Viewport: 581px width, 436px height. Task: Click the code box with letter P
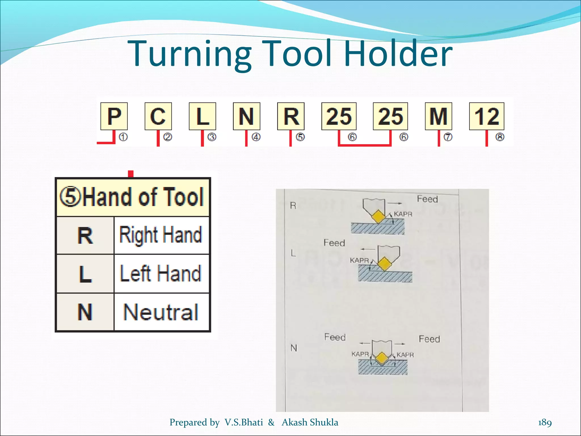point(114,116)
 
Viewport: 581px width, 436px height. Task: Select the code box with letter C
point(158,116)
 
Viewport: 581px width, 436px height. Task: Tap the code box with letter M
point(438,116)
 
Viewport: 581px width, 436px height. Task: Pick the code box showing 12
point(487,116)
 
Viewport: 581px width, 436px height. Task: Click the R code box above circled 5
point(291,116)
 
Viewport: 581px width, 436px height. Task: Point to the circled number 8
point(500,137)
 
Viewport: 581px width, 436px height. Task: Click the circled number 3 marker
point(212,137)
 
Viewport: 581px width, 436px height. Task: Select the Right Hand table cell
point(161,235)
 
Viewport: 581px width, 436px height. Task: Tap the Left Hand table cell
point(161,273)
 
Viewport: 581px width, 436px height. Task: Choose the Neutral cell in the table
point(161,312)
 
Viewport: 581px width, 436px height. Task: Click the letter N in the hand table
point(85,312)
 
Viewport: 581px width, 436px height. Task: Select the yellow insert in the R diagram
point(378,217)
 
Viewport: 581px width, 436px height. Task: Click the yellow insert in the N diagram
point(382,358)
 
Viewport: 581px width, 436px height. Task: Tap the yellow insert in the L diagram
point(384,264)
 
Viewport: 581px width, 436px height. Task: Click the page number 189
point(545,422)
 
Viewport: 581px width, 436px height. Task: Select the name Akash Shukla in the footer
point(310,422)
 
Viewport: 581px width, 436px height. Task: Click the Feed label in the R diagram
point(427,199)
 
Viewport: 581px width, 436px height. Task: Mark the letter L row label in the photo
point(293,253)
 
